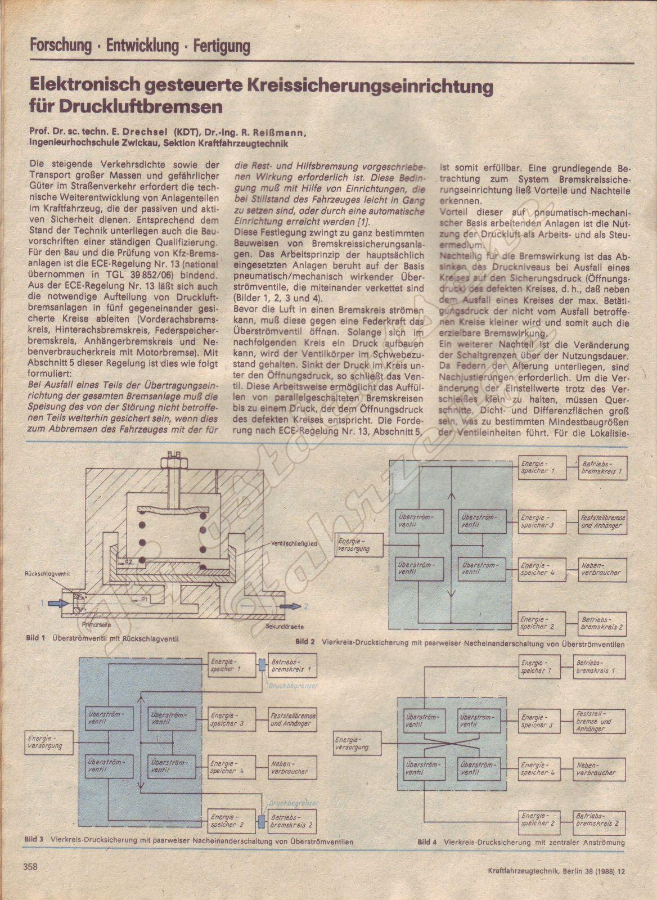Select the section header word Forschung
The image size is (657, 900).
61,46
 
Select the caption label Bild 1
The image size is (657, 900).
35,638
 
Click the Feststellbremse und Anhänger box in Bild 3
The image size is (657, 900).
292,720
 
